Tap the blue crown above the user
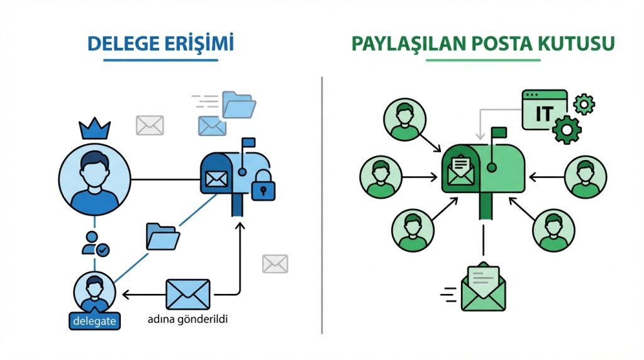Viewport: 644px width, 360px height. pos(94,130)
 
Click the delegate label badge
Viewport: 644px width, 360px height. pos(94,320)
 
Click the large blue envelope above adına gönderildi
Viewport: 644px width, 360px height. pos(187,294)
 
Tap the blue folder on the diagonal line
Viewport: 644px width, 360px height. pos(163,235)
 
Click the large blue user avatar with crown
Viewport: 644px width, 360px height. pos(94,177)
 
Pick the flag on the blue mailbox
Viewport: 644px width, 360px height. pos(248,143)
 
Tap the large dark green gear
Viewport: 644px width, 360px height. pos(567,129)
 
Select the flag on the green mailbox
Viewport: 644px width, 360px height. pos(499,133)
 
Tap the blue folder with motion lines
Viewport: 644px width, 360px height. pos(239,104)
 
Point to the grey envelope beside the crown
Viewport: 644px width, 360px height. pos(150,125)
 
